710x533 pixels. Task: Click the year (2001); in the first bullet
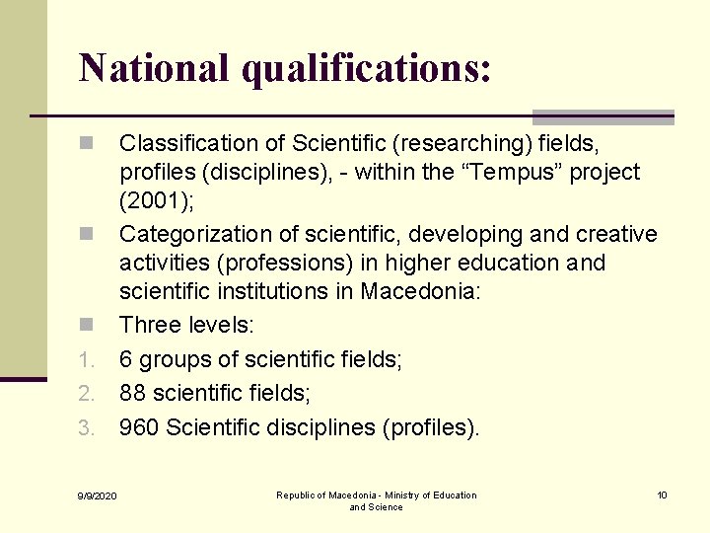pyautogui.click(x=157, y=200)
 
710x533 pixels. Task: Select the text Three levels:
pyautogui.click(x=185, y=325)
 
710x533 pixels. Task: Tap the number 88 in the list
pyautogui.click(x=133, y=394)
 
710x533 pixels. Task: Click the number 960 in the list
pyautogui.click(x=139, y=427)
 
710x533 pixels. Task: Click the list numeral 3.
pyautogui.click(x=87, y=428)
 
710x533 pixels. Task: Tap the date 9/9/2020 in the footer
pyautogui.click(x=98, y=495)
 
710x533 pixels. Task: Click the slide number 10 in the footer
pyautogui.click(x=663, y=495)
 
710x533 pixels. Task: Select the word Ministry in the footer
pyautogui.click(x=397, y=495)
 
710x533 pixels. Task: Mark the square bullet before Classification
pyautogui.click(x=87, y=144)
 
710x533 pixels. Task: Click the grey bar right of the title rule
pyautogui.click(x=603, y=116)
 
